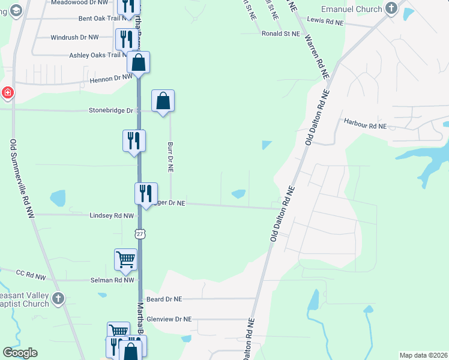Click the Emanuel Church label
click(352, 9)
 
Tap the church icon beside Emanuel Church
click(392, 8)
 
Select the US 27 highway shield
click(140, 234)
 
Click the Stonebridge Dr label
click(110, 110)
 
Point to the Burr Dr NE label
click(170, 158)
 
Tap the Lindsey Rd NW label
click(111, 215)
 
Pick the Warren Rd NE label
click(318, 56)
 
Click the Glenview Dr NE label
click(169, 319)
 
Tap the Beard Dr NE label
click(164, 298)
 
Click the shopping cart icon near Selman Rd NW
click(125, 259)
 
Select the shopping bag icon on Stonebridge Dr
click(163, 101)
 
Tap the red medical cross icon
click(7, 93)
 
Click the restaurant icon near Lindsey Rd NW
click(145, 193)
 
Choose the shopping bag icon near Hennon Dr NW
click(138, 62)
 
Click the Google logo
click(20, 353)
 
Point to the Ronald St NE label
click(280, 34)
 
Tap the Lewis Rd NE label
click(325, 21)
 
